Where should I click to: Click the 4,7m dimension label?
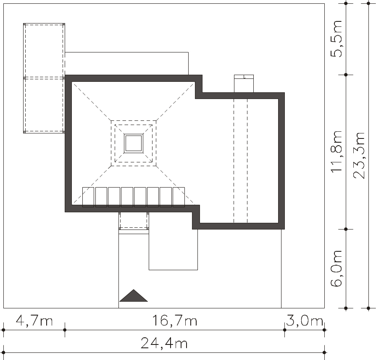pyautogui.click(x=34, y=321)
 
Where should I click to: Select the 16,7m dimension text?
pyautogui.click(x=175, y=321)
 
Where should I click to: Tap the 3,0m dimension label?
pyautogui.click(x=305, y=321)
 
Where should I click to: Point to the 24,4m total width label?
pyautogui.click(x=164, y=343)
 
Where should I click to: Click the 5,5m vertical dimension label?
pyautogui.click(x=336, y=39)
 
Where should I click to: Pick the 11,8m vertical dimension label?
pyautogui.click(x=336, y=151)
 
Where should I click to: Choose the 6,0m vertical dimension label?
pyautogui.click(x=336, y=268)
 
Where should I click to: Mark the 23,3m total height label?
pyautogui.click(x=359, y=155)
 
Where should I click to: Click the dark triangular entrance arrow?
pyautogui.click(x=133, y=295)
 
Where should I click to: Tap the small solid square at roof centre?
pyautogui.click(x=134, y=143)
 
